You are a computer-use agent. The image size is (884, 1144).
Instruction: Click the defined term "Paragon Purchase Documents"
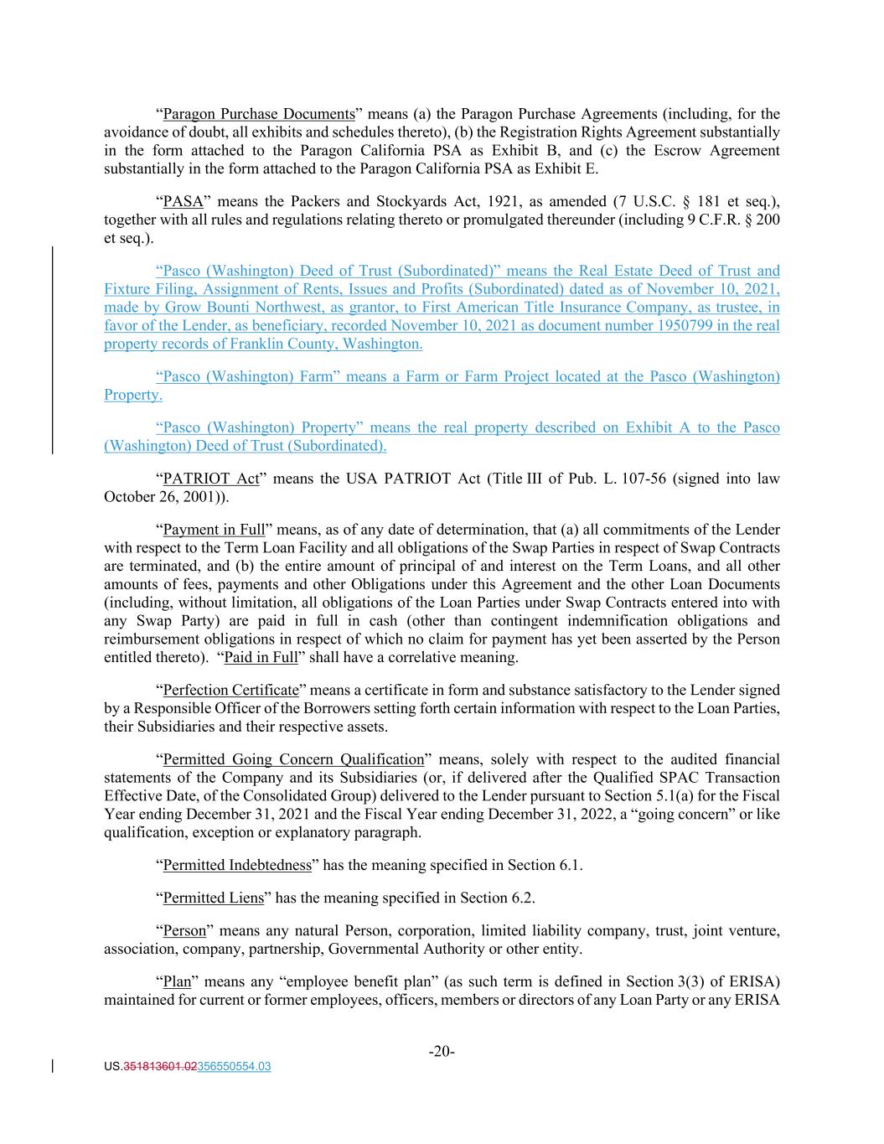pyautogui.click(x=259, y=114)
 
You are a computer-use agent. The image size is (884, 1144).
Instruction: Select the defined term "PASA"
pyautogui.click(x=178, y=201)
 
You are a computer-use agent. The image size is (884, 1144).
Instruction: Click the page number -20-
pyautogui.click(x=442, y=1052)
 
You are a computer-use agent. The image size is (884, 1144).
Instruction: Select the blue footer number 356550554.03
pyautogui.click(x=234, y=1067)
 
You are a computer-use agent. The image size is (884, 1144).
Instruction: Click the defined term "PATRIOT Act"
pyautogui.click(x=211, y=479)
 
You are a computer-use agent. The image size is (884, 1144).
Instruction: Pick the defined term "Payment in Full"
pyautogui.click(x=214, y=530)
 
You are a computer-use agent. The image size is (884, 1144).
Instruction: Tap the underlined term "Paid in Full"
pyautogui.click(x=261, y=657)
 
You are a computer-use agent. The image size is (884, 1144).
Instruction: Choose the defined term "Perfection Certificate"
pyautogui.click(x=230, y=690)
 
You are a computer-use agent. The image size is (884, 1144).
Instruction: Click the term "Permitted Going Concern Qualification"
pyautogui.click(x=293, y=759)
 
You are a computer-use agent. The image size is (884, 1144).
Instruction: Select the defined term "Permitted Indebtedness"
pyautogui.click(x=237, y=865)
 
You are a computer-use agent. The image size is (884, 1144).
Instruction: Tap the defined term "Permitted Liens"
pyautogui.click(x=213, y=898)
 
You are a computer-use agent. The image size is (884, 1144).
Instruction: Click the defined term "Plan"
pyautogui.click(x=177, y=981)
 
